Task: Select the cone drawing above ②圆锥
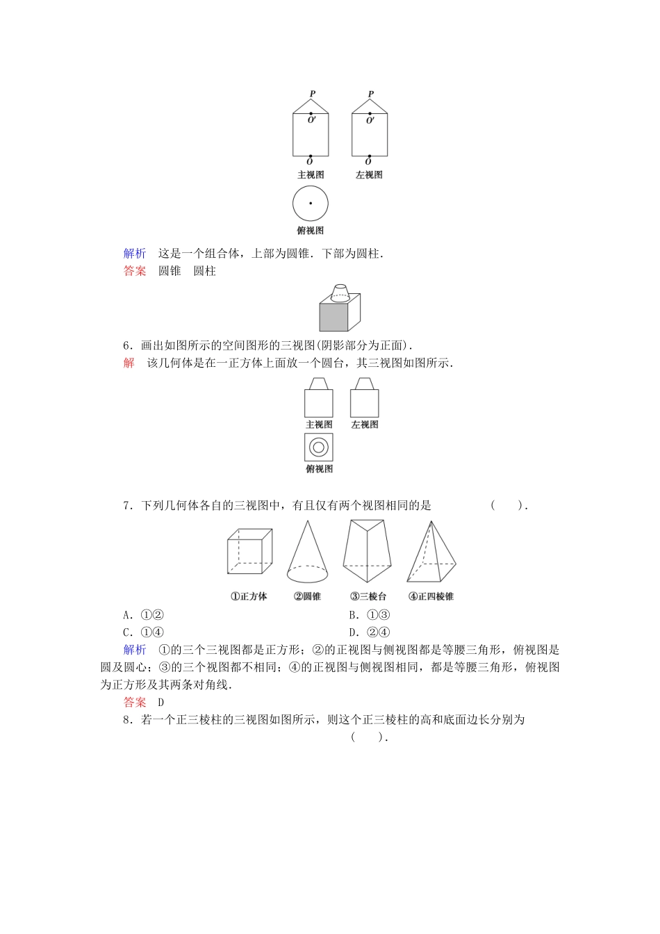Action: pyautogui.click(x=307, y=553)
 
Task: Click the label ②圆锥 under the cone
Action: pyautogui.click(x=307, y=596)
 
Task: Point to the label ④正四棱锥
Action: pyautogui.click(x=431, y=596)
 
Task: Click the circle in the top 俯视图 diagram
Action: pyautogui.click(x=311, y=204)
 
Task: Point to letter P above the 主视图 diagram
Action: pyautogui.click(x=313, y=94)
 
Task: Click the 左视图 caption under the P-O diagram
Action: pyautogui.click(x=369, y=175)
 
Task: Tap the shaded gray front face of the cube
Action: pyautogui.click(x=333, y=317)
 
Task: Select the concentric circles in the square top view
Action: pyautogui.click(x=319, y=448)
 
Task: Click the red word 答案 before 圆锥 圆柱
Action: pyautogui.click(x=135, y=271)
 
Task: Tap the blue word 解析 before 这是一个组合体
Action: pyautogui.click(x=135, y=254)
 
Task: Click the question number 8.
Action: pyautogui.click(x=127, y=720)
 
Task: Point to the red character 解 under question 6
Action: pyautogui.click(x=129, y=363)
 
